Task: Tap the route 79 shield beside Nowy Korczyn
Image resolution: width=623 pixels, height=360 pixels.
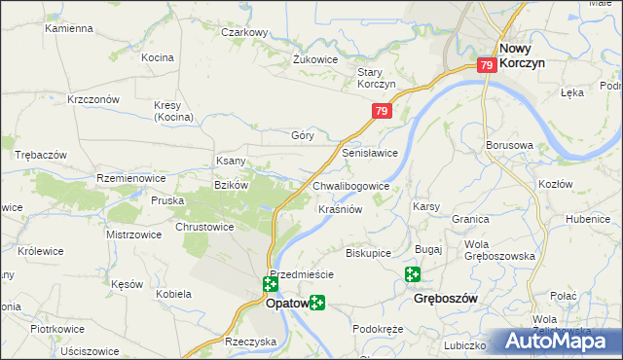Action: (488, 65)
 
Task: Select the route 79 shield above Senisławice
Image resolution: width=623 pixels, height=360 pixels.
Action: (381, 113)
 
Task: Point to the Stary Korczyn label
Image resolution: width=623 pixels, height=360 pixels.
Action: (376, 78)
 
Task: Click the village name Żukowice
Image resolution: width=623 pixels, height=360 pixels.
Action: (315, 59)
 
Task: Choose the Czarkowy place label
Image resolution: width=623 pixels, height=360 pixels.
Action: (244, 32)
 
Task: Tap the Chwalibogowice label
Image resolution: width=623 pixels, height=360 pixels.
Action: (351, 185)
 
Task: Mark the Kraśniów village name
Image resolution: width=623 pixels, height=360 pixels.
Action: (341, 209)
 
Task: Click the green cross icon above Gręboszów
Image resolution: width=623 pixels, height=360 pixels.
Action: (413, 276)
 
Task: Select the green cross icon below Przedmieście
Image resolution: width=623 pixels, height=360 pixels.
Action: (270, 285)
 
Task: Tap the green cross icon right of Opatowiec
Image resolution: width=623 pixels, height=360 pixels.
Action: (317, 304)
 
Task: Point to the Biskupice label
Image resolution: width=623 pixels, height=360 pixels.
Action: (368, 253)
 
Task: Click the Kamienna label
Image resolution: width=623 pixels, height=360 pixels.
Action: (68, 29)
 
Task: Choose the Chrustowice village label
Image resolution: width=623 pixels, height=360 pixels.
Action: (204, 227)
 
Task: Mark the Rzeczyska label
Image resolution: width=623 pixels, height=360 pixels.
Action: (250, 342)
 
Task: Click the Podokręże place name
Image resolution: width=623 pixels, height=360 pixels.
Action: (378, 329)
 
